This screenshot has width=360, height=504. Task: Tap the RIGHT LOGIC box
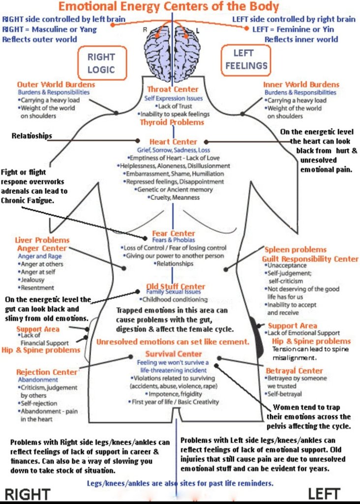(x=101, y=63)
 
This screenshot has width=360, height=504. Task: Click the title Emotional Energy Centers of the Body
(x=169, y=6)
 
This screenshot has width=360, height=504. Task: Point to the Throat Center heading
(x=173, y=90)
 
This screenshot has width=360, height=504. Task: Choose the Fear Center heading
(x=173, y=233)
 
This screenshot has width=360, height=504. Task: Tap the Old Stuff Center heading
(x=176, y=286)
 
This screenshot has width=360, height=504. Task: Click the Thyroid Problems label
(x=172, y=122)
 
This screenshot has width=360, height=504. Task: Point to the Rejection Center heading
(x=47, y=372)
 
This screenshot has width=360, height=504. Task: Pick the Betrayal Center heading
(x=295, y=371)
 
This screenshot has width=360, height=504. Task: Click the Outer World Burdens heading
(x=56, y=85)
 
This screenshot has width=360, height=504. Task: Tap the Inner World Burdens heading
(x=301, y=85)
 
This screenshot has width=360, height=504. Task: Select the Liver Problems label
(x=42, y=240)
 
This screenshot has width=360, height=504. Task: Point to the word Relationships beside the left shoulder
(x=31, y=136)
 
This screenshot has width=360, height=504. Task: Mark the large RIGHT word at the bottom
(x=28, y=494)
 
